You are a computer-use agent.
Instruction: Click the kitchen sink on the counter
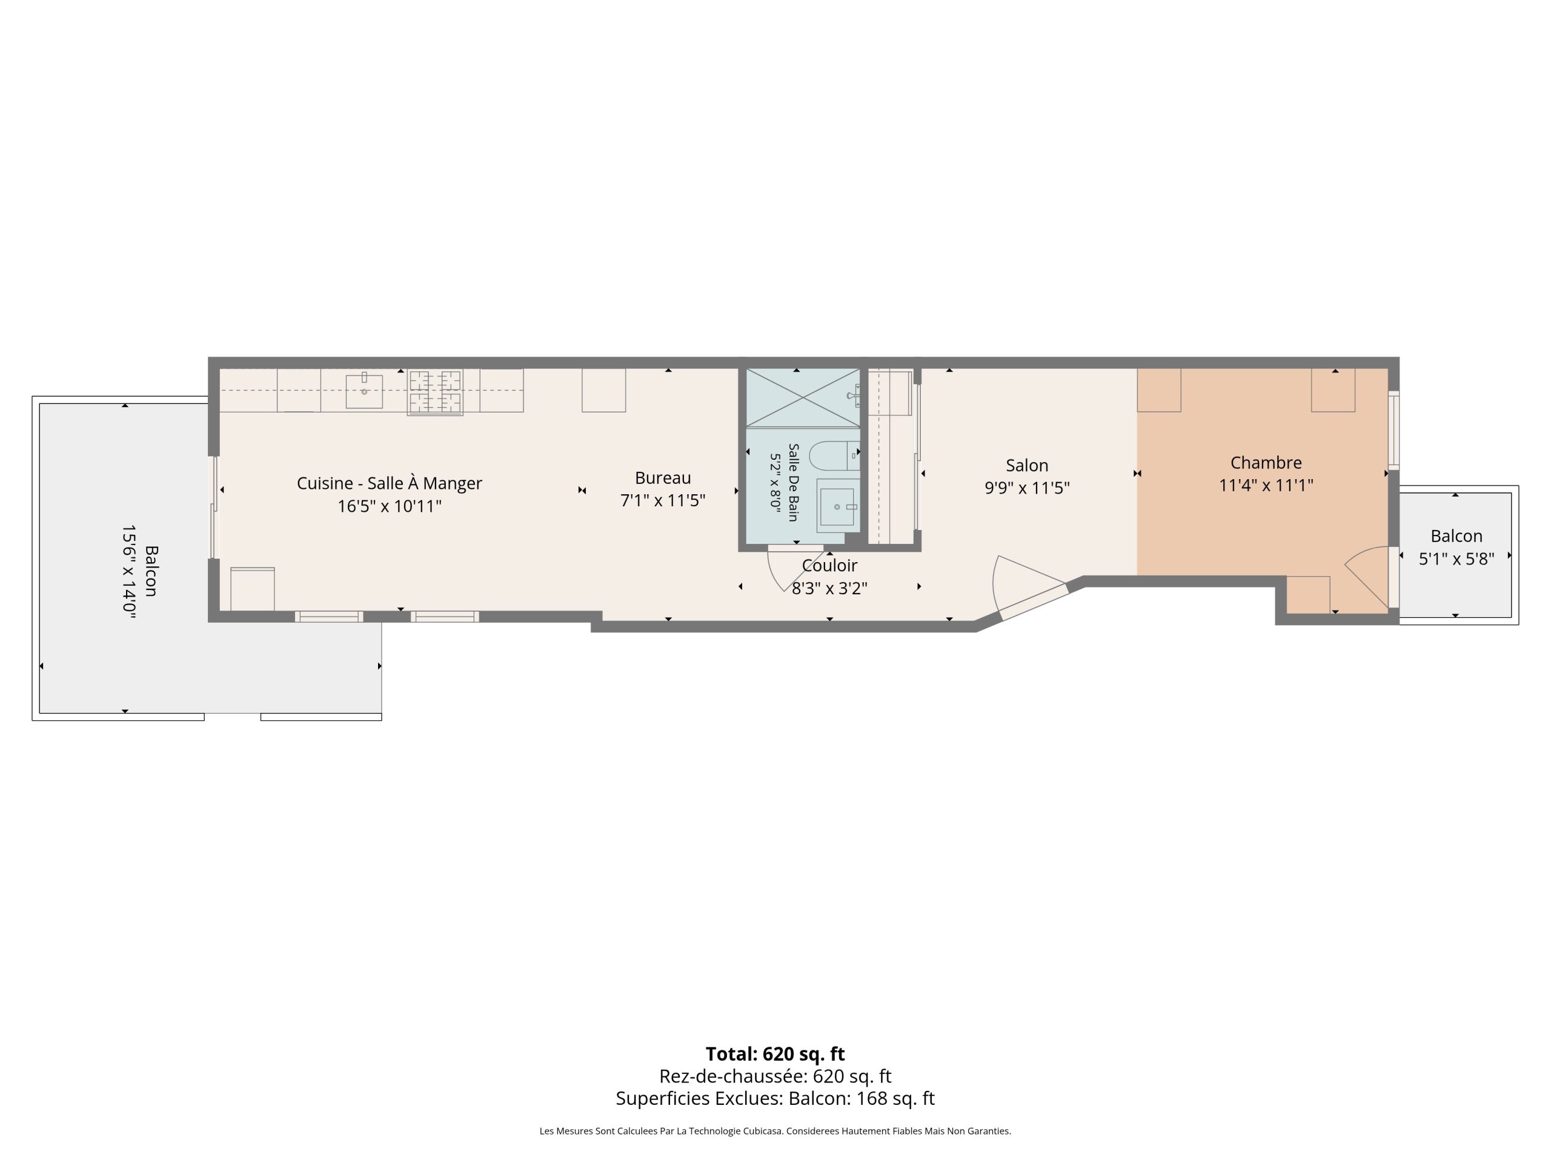pyautogui.click(x=364, y=391)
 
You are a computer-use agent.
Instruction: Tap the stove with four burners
pyautogui.click(x=436, y=393)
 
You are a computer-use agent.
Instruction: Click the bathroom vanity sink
pyautogui.click(x=838, y=506)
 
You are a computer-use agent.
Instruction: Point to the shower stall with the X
pyautogui.click(x=803, y=397)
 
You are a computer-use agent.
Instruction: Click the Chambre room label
pyautogui.click(x=1266, y=463)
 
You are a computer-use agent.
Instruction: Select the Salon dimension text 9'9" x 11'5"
pyautogui.click(x=1027, y=488)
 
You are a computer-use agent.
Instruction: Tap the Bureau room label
pyautogui.click(x=663, y=478)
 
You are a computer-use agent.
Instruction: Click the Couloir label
pyautogui.click(x=829, y=566)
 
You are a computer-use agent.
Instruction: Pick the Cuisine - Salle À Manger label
pyautogui.click(x=389, y=484)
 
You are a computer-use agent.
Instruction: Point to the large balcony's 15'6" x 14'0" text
pyautogui.click(x=128, y=571)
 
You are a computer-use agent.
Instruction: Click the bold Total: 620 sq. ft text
pyautogui.click(x=775, y=1053)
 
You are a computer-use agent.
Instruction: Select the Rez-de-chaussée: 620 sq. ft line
pyautogui.click(x=775, y=1076)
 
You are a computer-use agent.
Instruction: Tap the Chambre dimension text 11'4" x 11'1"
pyautogui.click(x=1266, y=485)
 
